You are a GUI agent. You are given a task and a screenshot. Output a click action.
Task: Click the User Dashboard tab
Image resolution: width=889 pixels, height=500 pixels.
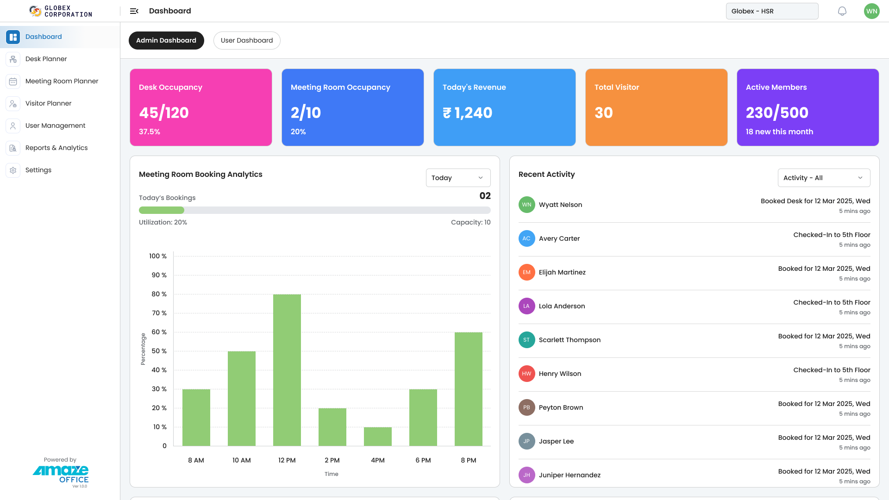point(247,40)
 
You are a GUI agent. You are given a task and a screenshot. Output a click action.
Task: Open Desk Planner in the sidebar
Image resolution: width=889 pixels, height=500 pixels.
point(46,59)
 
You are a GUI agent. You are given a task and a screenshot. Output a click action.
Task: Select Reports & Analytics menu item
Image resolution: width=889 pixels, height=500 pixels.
point(56,148)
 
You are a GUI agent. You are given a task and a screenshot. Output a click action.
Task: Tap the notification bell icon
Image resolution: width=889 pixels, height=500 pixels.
point(842,11)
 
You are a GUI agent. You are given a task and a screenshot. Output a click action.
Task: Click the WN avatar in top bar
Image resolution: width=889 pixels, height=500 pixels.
point(871,11)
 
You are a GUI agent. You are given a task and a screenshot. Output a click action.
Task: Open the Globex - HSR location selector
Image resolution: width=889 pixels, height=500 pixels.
point(772,11)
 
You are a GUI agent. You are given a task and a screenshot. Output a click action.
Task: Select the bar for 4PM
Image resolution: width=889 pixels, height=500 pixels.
point(378,436)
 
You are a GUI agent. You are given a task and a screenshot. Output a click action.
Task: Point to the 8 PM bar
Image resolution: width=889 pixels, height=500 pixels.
point(469,389)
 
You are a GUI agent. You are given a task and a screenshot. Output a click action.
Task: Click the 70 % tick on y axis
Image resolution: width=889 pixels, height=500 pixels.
point(159,313)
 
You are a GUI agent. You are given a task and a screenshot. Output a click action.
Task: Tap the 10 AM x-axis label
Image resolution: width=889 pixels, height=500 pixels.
point(242,460)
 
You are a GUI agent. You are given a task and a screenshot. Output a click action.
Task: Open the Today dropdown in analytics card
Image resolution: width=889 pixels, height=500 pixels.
point(458,178)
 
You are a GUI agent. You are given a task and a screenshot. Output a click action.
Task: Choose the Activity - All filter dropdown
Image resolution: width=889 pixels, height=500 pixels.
point(824,178)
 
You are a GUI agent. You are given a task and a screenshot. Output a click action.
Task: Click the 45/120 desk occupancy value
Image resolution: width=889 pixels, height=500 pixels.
point(164,112)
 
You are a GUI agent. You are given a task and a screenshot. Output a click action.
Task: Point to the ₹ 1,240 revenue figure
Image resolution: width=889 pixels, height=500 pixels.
point(468,112)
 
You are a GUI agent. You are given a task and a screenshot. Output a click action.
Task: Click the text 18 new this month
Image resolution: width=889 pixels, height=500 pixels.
point(779,131)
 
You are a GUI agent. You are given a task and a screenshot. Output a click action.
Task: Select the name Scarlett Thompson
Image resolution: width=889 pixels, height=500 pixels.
point(570,340)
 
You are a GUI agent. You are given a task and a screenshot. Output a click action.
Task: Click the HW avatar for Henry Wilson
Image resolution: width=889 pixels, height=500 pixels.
point(526,374)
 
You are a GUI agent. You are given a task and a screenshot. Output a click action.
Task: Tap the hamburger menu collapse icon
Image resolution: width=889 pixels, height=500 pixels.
point(134,11)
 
